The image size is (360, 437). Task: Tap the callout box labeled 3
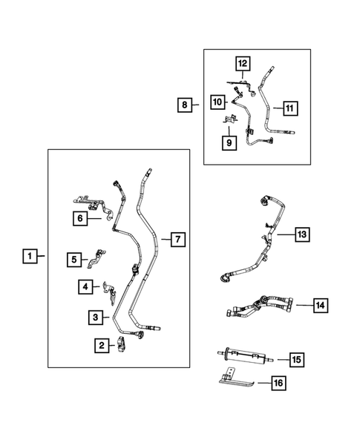pyautogui.click(x=96, y=318)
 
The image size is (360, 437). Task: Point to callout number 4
pyautogui.click(x=86, y=286)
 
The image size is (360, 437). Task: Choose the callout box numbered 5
pyautogui.click(x=75, y=260)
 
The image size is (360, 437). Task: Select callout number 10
pyautogui.click(x=217, y=100)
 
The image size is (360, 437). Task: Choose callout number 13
pyautogui.click(x=301, y=234)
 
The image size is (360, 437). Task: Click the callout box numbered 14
pyautogui.click(x=320, y=305)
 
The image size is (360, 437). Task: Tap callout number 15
pyautogui.click(x=297, y=360)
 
